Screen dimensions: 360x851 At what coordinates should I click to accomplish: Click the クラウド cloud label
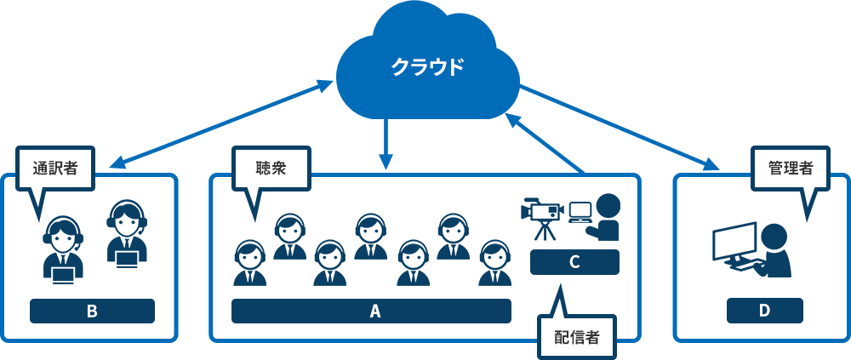427,67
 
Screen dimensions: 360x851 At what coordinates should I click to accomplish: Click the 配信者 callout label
577,337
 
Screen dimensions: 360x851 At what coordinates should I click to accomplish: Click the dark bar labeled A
371,311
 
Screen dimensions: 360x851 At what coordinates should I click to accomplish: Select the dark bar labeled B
92,311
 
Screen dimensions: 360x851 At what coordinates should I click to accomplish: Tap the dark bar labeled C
574,262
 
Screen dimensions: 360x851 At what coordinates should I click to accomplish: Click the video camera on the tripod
542,210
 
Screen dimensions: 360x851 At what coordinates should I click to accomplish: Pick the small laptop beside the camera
580,211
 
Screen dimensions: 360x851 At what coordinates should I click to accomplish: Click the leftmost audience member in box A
250,263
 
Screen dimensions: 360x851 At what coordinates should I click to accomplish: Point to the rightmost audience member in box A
494,263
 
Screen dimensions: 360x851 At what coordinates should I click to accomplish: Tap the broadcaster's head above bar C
608,207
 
